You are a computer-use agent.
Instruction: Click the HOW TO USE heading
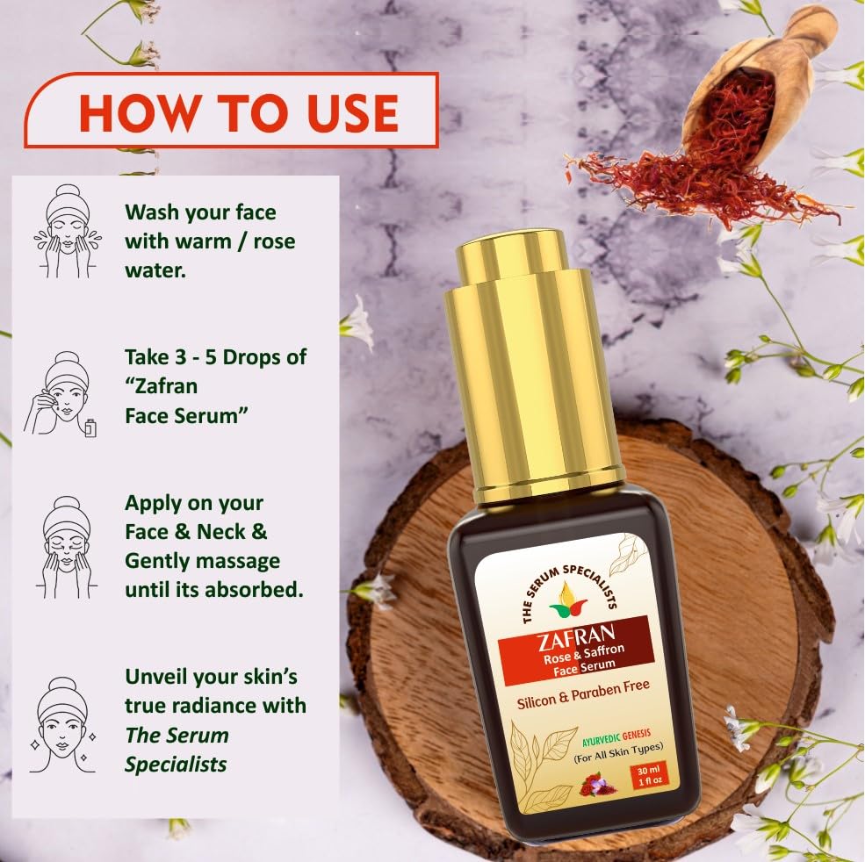(x=239, y=111)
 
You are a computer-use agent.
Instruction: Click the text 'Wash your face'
(x=200, y=212)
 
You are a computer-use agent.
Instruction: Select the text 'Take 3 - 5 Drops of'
(x=215, y=358)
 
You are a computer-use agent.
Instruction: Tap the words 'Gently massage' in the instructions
(x=202, y=560)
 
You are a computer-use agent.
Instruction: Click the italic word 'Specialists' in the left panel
(x=176, y=764)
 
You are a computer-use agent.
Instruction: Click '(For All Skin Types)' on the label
(x=618, y=747)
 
